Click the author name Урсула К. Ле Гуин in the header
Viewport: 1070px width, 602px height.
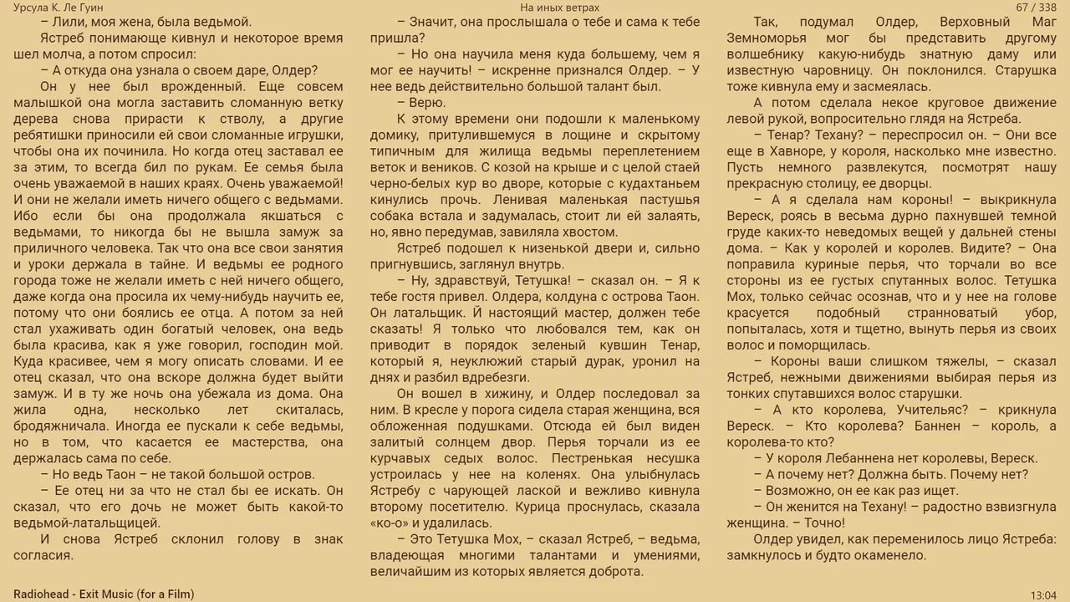point(59,8)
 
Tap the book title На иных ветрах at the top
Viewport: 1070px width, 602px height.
point(559,8)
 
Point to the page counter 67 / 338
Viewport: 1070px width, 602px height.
point(1036,8)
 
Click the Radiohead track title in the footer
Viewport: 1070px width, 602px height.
point(104,594)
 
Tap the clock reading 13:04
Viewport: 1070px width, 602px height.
point(1043,594)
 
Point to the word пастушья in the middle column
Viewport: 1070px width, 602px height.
point(670,200)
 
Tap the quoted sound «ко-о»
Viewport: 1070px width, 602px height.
point(388,523)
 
